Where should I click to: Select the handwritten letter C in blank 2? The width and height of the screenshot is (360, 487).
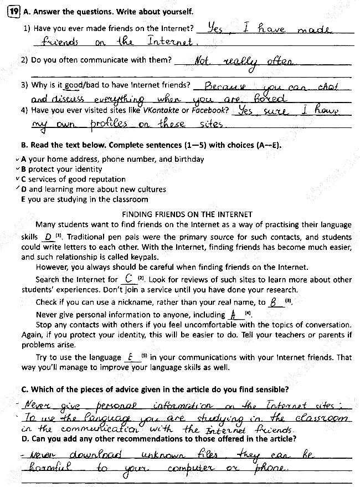tap(128, 279)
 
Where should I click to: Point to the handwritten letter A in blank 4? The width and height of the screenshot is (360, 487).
tap(234, 314)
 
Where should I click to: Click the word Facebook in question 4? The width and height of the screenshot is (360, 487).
tap(210, 110)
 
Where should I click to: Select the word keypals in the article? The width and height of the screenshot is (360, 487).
tap(143, 257)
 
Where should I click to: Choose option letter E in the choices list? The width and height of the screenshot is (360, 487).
tap(23, 199)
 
